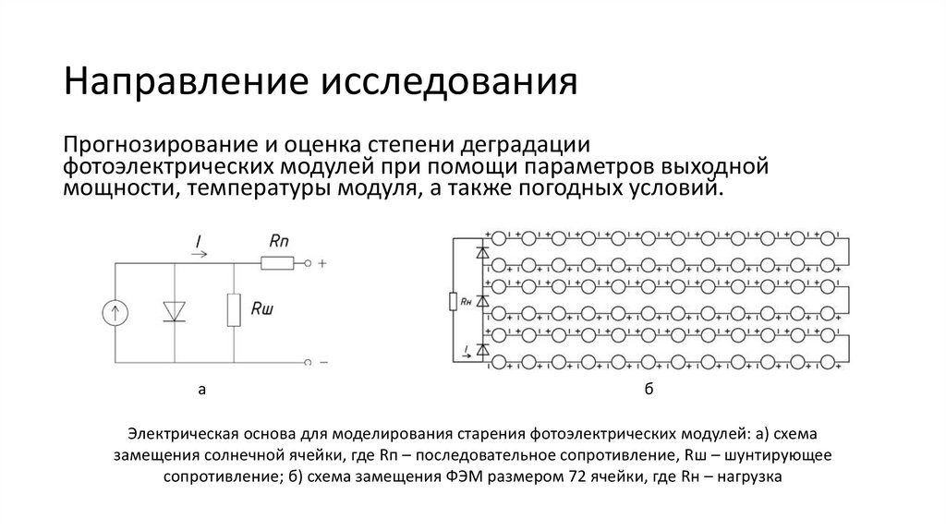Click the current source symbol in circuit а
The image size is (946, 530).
pyautogui.click(x=115, y=313)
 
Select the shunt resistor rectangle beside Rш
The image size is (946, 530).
pyautogui.click(x=234, y=311)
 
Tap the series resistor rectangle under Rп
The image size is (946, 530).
pyautogui.click(x=277, y=264)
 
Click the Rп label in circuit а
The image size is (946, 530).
pyautogui.click(x=280, y=240)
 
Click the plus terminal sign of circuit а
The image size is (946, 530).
pyautogui.click(x=321, y=264)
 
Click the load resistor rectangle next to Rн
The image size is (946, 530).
pyautogui.click(x=453, y=300)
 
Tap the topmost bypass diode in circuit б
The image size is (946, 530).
pyautogui.click(x=480, y=250)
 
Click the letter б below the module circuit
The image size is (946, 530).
pyautogui.click(x=649, y=391)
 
